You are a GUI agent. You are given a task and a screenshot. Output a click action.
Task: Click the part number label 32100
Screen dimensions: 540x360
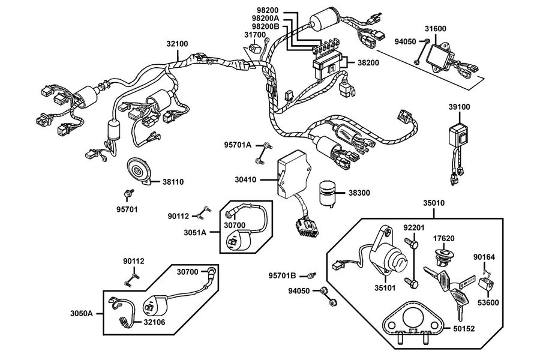[x=178, y=44]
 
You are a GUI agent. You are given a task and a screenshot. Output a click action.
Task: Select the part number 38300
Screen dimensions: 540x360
[x=359, y=193]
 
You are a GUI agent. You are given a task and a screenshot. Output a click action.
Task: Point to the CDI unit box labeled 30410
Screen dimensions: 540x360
[x=295, y=174]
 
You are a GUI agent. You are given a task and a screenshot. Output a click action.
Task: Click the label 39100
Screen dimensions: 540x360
[x=459, y=107]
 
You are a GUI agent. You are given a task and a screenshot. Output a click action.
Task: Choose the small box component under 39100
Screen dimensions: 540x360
[x=459, y=135]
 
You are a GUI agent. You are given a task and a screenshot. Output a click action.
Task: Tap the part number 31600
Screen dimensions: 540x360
[x=436, y=29]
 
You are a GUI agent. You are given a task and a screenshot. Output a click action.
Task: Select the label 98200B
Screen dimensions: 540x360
[x=266, y=26]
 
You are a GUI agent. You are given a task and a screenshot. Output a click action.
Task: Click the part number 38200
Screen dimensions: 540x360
[x=368, y=62]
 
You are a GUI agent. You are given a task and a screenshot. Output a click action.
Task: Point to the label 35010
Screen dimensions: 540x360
[x=434, y=203]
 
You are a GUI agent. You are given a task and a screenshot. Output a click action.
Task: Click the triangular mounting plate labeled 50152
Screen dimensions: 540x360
[x=412, y=323]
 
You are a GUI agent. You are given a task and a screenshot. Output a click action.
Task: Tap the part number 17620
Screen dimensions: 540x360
[x=443, y=238]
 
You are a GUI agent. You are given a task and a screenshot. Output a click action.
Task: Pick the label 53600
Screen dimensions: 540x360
[x=488, y=303]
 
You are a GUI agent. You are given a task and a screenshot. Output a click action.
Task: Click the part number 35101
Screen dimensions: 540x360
[x=385, y=287]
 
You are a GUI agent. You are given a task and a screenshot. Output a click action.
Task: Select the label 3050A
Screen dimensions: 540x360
[x=82, y=313]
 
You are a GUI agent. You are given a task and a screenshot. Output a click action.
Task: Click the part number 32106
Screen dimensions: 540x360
[x=154, y=322]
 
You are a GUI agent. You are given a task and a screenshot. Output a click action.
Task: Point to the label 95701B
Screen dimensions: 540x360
[x=283, y=276]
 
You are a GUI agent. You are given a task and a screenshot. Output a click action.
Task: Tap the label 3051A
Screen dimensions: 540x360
[x=195, y=233]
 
